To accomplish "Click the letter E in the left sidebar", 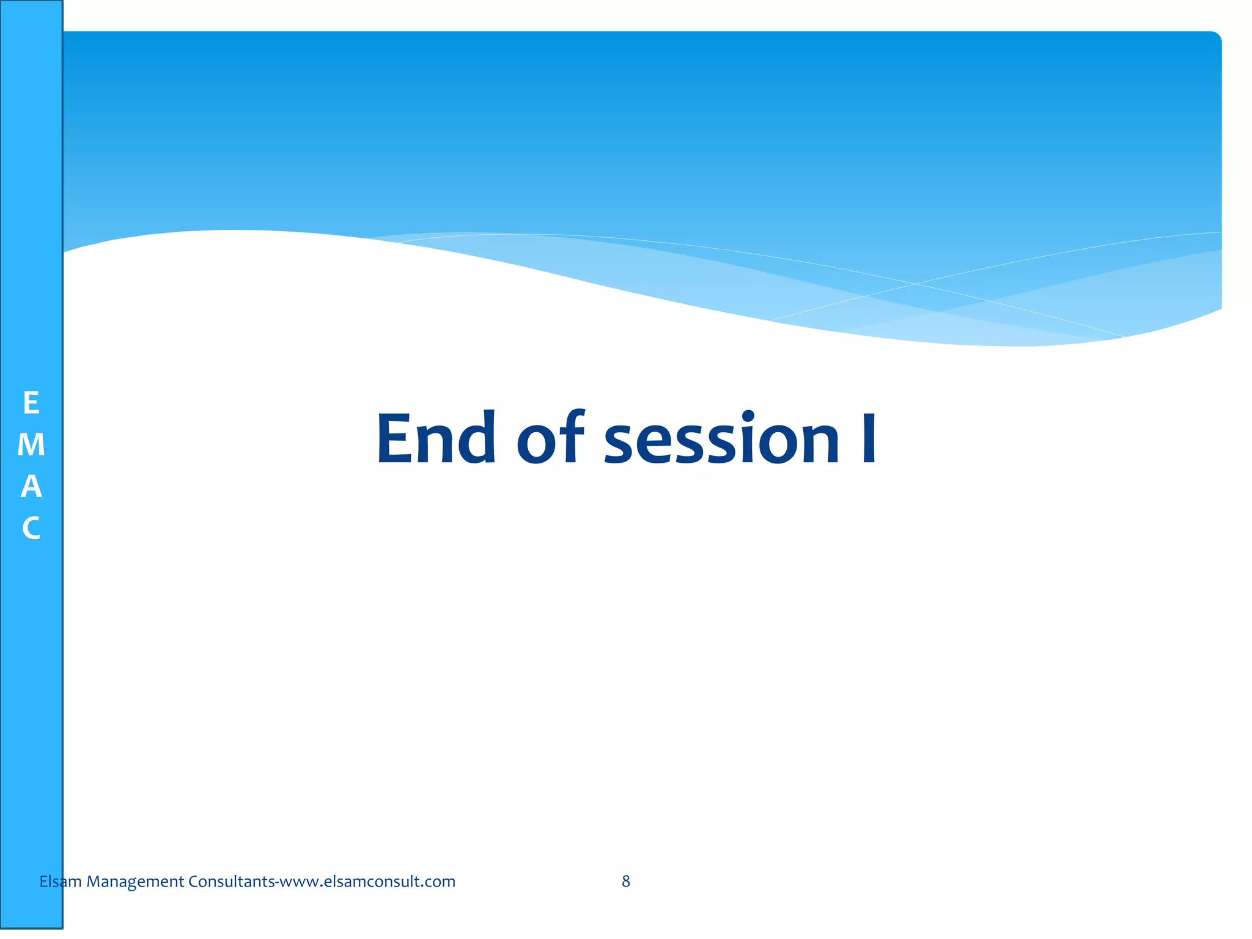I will coord(31,403).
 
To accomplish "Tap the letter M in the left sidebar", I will coord(31,445).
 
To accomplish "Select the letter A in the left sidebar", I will coord(31,487).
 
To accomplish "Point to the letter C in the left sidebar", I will coord(31,528).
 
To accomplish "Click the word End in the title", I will coord(436,438).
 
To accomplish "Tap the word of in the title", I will coord(550,438).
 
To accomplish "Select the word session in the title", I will coord(721,438).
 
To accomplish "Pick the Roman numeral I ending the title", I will coord(868,438).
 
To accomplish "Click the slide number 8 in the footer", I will coord(626,881).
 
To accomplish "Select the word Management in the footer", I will coord(135,881).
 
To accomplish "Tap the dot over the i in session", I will coord(748,416).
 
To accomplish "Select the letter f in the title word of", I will coord(572,435).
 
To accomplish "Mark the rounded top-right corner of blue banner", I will coord(1215,38).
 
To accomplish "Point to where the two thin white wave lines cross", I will coord(915,284).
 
